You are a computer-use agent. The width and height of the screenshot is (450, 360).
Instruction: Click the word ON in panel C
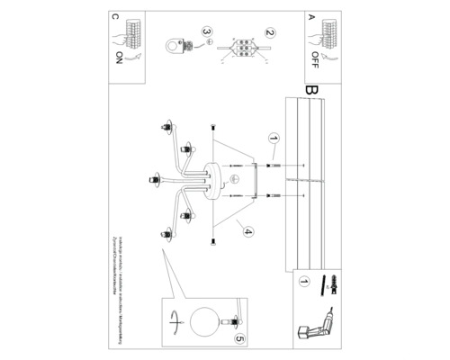119,59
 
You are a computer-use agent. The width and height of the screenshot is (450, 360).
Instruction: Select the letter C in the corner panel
114,16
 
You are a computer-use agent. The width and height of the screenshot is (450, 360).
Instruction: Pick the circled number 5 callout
238,338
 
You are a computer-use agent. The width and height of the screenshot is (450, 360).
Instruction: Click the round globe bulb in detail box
206,322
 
